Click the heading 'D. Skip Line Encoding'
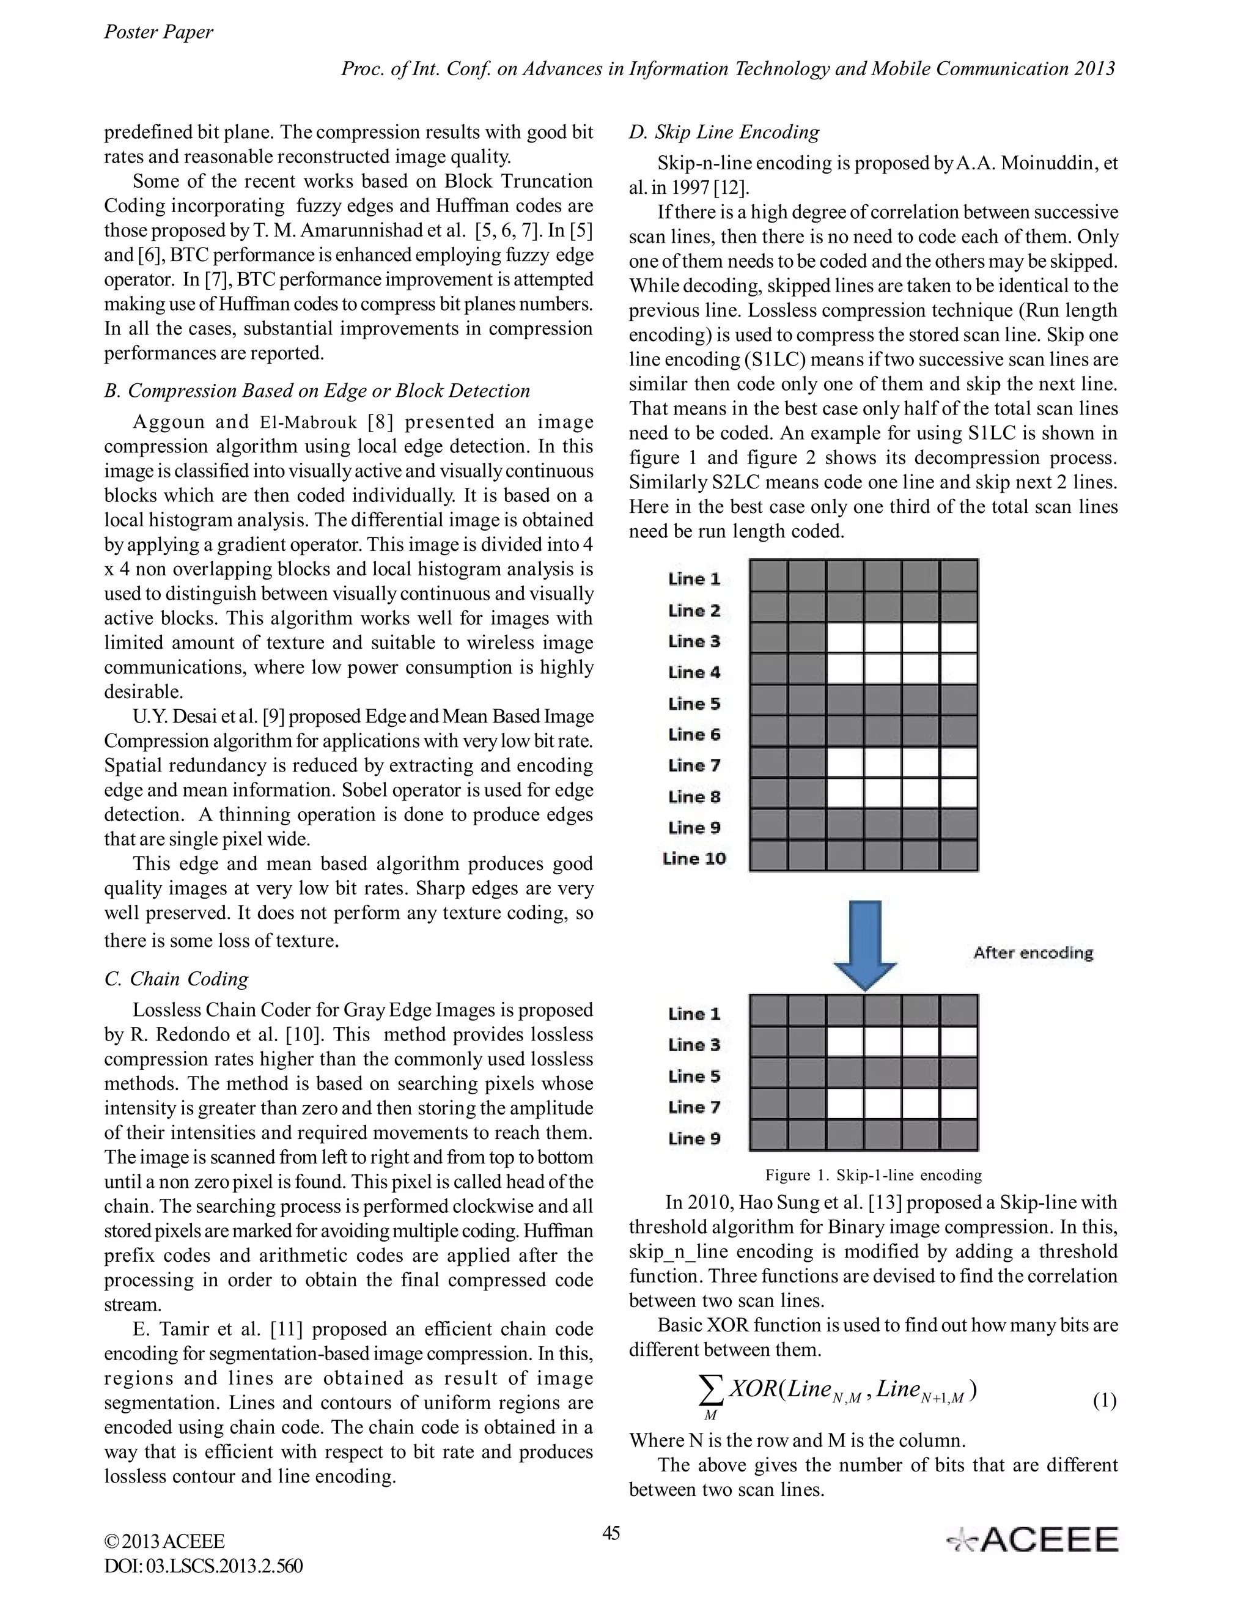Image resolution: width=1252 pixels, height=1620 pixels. click(724, 132)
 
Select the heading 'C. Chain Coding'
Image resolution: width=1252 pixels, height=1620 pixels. click(177, 979)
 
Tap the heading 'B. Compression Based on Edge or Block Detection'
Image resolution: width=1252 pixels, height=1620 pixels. click(317, 391)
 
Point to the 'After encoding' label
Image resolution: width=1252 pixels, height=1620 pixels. click(1033, 952)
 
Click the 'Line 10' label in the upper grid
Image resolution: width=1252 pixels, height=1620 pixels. click(694, 859)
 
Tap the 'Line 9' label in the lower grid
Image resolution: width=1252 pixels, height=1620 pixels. click(694, 1139)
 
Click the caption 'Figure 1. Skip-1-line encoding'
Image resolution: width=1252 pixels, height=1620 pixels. click(874, 1176)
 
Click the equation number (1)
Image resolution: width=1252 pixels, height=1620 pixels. click(1105, 1401)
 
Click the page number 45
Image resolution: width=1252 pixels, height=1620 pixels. click(611, 1533)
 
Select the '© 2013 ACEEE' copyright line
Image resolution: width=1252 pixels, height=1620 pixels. click(164, 1541)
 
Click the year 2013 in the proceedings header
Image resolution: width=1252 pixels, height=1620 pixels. click(1093, 69)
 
